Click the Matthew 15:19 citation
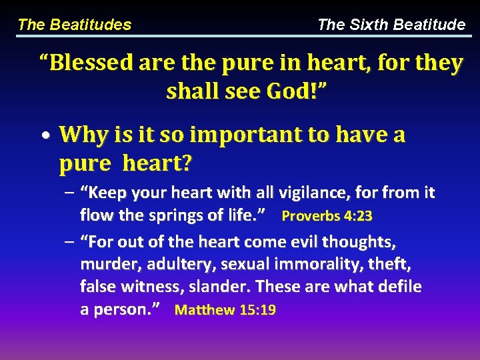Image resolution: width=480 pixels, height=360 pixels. click(x=225, y=310)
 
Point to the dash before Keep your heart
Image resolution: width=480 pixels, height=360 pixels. click(x=70, y=193)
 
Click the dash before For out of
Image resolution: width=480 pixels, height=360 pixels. click(x=70, y=241)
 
